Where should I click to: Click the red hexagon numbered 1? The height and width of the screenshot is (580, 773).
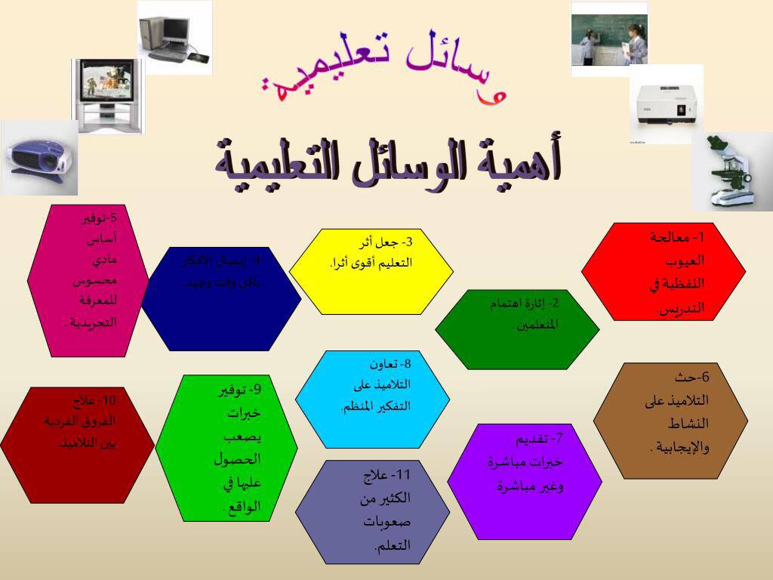[664, 270]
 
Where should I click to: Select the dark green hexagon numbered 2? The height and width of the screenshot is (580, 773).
[517, 329]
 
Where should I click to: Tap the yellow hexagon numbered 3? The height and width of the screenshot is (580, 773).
[371, 271]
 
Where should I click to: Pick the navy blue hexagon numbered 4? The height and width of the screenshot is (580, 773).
[221, 299]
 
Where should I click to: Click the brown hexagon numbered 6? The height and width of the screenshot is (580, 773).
[670, 421]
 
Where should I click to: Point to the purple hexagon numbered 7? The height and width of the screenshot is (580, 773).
[524, 481]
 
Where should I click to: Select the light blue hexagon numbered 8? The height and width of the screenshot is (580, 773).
[372, 399]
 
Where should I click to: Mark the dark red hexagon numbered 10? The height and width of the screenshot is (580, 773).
[77, 445]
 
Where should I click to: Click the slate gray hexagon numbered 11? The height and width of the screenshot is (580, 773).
[372, 512]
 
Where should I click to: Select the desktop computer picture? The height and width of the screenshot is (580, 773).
[174, 35]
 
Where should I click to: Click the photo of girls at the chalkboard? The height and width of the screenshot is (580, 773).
[609, 38]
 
